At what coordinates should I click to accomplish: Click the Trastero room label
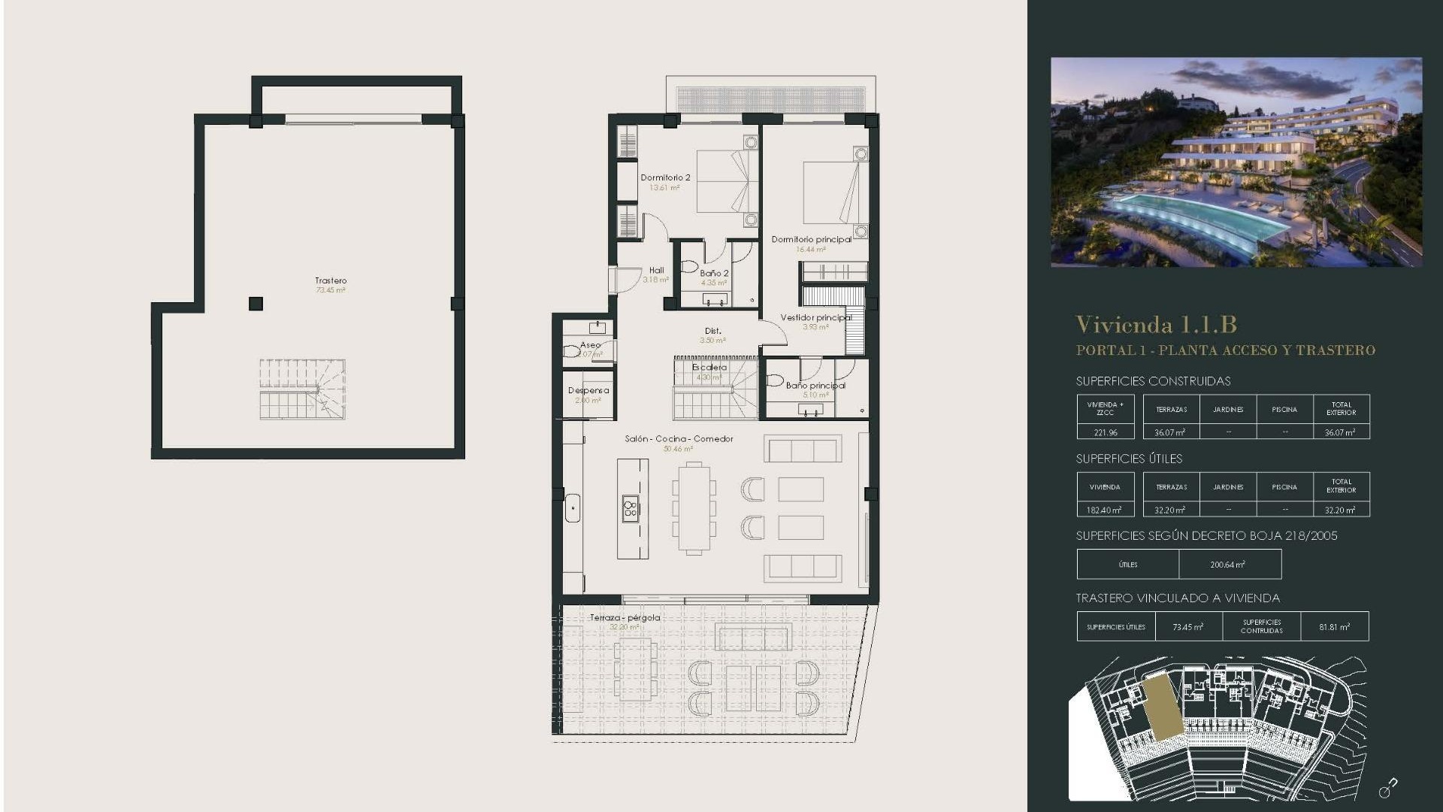click(x=331, y=281)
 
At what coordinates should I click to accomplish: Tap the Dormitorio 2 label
click(x=665, y=178)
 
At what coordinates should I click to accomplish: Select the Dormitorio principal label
click(x=811, y=240)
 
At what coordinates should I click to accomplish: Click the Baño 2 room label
click(x=714, y=274)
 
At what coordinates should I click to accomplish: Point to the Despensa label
click(x=588, y=391)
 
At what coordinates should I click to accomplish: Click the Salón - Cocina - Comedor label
click(x=679, y=439)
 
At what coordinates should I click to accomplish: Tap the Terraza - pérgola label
click(x=625, y=618)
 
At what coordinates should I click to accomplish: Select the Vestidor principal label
click(x=815, y=318)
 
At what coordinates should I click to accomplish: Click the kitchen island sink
click(x=631, y=509)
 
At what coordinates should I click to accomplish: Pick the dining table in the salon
click(x=694, y=508)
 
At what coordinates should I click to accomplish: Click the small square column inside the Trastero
click(x=256, y=304)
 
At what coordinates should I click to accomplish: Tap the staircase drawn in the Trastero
click(x=302, y=389)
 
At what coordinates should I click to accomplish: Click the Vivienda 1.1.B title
click(x=1156, y=325)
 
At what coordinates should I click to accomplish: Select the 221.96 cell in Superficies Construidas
click(x=1105, y=432)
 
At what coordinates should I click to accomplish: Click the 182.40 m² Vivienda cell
click(x=1105, y=510)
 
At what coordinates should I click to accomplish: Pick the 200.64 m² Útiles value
click(x=1227, y=565)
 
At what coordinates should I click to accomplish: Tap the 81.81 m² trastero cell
click(x=1334, y=627)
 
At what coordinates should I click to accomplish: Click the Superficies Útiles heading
click(x=1129, y=459)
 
